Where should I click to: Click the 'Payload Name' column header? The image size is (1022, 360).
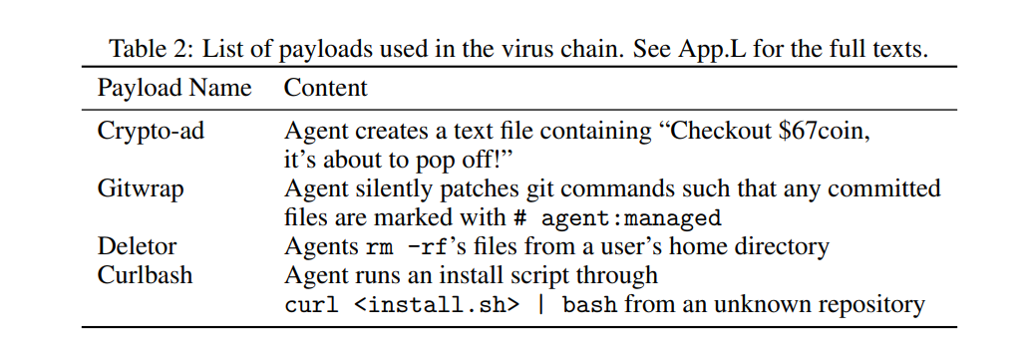[x=174, y=88]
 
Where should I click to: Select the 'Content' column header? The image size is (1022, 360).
[x=325, y=88]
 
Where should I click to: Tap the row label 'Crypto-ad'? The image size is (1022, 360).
[x=151, y=131]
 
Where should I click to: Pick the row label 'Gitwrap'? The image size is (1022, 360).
[x=141, y=189]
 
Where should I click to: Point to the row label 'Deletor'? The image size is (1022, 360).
[x=137, y=246]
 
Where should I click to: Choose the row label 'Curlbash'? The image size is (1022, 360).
[x=145, y=274]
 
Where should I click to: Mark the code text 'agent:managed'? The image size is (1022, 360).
[x=631, y=217]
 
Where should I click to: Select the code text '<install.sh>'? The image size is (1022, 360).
[x=438, y=304]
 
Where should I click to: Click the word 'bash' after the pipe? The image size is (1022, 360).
[x=590, y=304]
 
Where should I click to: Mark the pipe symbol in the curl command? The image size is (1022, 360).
[x=540, y=304]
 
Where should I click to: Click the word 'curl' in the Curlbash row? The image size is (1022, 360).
[x=311, y=304]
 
